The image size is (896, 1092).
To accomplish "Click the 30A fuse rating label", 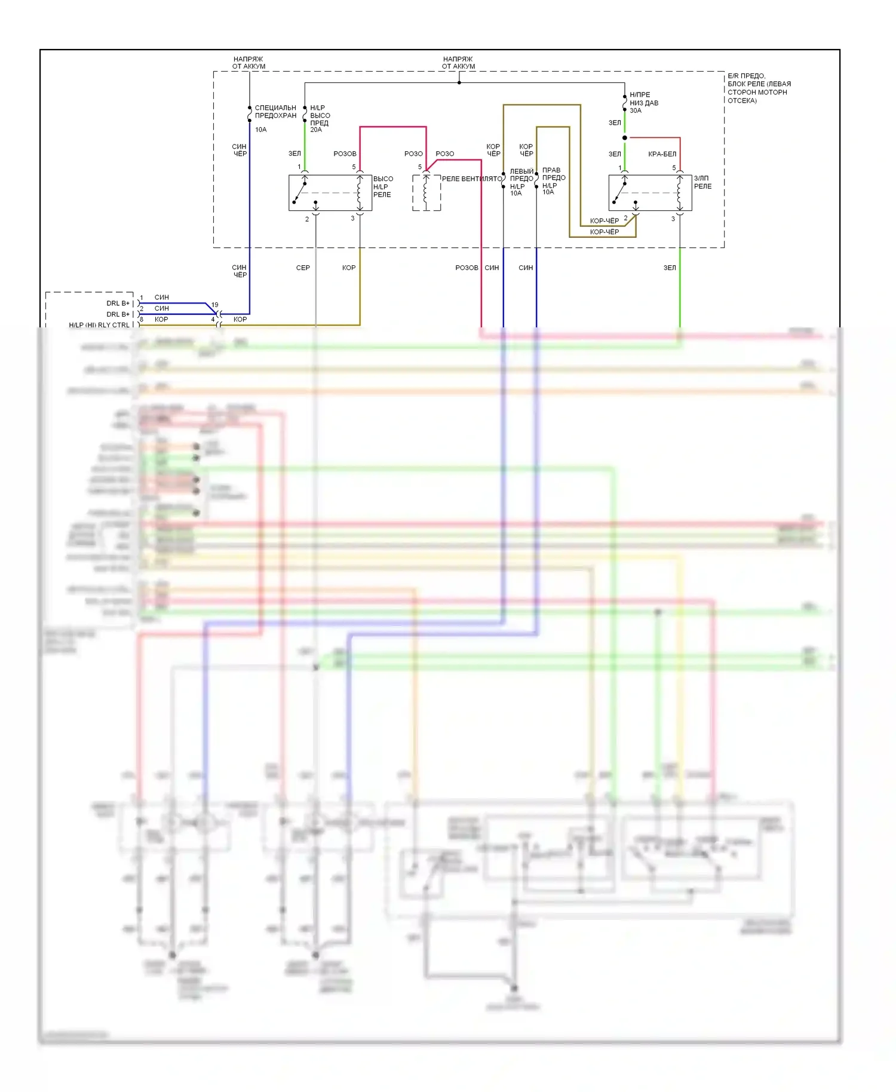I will (x=635, y=111).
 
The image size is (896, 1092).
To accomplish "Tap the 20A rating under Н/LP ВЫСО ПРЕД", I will (x=315, y=130).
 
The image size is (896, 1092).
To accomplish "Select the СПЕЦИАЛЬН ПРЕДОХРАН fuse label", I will (x=275, y=112).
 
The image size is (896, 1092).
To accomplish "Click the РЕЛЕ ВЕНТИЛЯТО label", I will (x=471, y=179).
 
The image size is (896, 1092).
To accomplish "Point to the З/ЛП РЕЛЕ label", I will (x=702, y=182).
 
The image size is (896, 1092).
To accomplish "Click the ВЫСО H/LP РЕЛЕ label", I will (x=383, y=186).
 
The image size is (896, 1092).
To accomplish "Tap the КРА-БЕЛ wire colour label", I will (x=662, y=154).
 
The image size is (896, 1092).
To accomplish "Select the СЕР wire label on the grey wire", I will (x=303, y=268).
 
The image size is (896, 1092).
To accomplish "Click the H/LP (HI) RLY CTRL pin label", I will (x=99, y=325).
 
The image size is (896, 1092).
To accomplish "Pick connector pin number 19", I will (x=215, y=305).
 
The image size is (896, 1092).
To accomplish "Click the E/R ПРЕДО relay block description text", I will (x=759, y=88).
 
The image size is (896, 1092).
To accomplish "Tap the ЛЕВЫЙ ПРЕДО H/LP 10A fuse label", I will (x=521, y=182).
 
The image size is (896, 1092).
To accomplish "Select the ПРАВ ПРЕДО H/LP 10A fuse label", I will (x=554, y=181).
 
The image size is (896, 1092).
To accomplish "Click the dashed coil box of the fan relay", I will (x=426, y=192).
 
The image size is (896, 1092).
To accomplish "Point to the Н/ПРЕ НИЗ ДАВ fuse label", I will (x=643, y=99).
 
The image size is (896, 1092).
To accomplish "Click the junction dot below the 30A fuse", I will (x=625, y=138).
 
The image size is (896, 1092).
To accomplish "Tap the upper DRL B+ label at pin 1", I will (x=118, y=303).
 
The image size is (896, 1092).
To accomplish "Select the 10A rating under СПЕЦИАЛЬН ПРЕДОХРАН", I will (x=260, y=130).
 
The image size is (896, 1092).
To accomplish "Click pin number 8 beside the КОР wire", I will (x=142, y=320).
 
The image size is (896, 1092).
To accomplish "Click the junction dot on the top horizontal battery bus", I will (x=459, y=82).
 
